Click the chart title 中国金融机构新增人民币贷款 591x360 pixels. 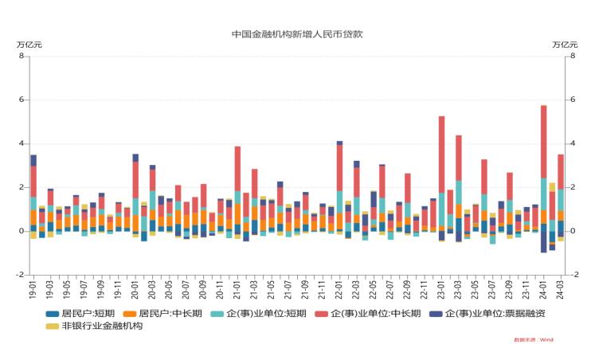pos(296,34)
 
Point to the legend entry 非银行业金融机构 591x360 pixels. pos(98,326)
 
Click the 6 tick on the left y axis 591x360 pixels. pos(21,100)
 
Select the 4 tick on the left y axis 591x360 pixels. pos(21,144)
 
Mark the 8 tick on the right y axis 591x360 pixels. pos(571,57)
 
